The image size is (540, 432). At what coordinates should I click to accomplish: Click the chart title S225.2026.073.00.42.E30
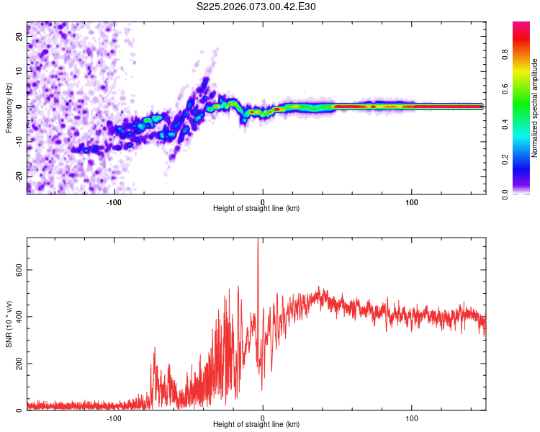(x=256, y=6)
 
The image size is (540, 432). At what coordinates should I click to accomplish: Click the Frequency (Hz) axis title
(x=9, y=107)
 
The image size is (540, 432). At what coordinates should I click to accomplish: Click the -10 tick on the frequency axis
(x=20, y=141)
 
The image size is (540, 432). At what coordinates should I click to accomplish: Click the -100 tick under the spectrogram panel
(x=114, y=201)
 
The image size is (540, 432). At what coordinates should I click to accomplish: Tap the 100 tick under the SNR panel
(x=412, y=418)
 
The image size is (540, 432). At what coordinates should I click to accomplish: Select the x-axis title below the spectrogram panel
(x=256, y=209)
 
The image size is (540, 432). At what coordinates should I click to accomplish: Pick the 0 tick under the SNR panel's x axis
(x=263, y=418)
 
